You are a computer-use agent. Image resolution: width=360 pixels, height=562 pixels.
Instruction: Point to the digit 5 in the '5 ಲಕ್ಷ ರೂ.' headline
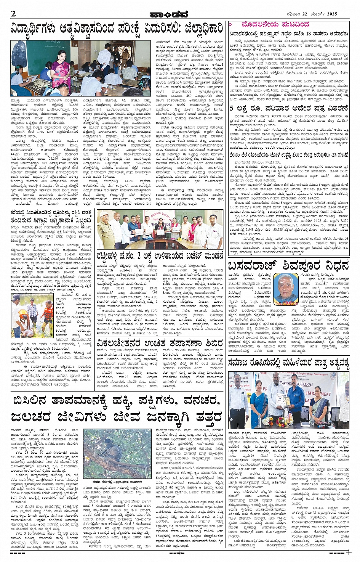coord(232,109)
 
